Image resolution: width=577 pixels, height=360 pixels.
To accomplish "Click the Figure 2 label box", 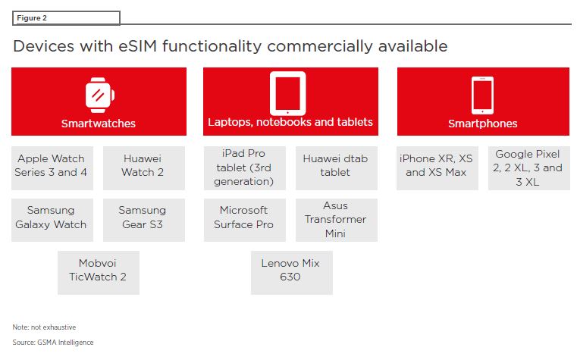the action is (66, 18).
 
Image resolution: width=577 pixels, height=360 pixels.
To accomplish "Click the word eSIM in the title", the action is (138, 46).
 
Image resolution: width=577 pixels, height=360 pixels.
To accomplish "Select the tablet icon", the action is (288, 93).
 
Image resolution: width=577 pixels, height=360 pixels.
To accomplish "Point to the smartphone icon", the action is (482, 95).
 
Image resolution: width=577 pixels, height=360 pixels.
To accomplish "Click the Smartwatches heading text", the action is (99, 124).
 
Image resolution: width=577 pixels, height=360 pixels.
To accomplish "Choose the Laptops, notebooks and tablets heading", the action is (290, 122).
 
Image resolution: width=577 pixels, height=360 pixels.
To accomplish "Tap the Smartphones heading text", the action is (483, 124).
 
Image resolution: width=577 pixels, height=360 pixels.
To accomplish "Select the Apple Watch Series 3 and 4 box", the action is (52, 168).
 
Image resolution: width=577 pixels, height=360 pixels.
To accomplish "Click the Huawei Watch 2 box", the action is (144, 168).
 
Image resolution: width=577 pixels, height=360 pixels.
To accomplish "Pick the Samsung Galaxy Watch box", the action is (52, 220).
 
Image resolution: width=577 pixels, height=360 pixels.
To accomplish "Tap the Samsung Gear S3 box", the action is (144, 220).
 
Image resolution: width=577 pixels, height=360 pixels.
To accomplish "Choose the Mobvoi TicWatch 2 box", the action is (99, 273).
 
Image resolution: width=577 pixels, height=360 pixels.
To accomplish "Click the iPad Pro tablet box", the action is (245, 168).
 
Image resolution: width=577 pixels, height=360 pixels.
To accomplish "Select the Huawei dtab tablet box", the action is (337, 168).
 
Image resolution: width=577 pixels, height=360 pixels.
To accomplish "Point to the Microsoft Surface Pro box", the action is (245, 220).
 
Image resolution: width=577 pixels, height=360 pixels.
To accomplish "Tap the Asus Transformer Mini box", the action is (337, 220).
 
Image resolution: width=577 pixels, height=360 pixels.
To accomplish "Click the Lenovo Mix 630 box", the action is (292, 273).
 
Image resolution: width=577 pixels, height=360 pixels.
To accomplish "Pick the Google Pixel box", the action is (529, 168).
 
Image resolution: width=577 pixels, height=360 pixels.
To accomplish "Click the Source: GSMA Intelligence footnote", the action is (53, 343).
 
